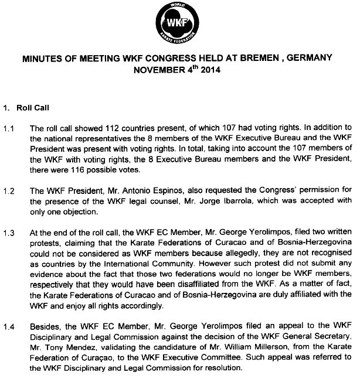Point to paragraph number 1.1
point(9,128)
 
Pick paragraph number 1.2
point(9,190)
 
